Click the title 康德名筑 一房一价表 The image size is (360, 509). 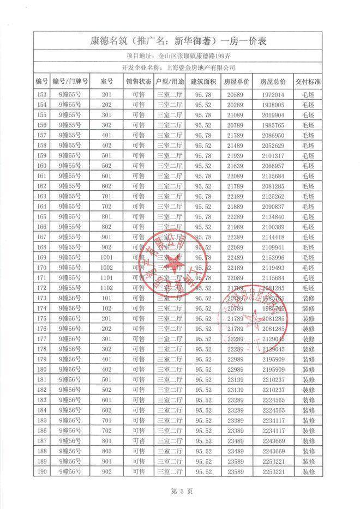click(179, 40)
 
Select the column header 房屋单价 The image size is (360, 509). click(237, 81)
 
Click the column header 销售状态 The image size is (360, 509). click(139, 81)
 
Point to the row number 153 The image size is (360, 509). click(41, 94)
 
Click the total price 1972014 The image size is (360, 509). click(273, 94)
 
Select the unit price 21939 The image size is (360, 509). click(236, 155)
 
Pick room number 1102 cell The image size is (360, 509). click(106, 288)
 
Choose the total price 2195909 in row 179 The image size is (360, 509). click(273, 359)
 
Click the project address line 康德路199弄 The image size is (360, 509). click(179, 55)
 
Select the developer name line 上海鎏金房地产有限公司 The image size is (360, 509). click(179, 68)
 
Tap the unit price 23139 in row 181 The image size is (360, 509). click(236, 379)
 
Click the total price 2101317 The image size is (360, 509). click(273, 155)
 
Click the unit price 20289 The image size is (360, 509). click(236, 104)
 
